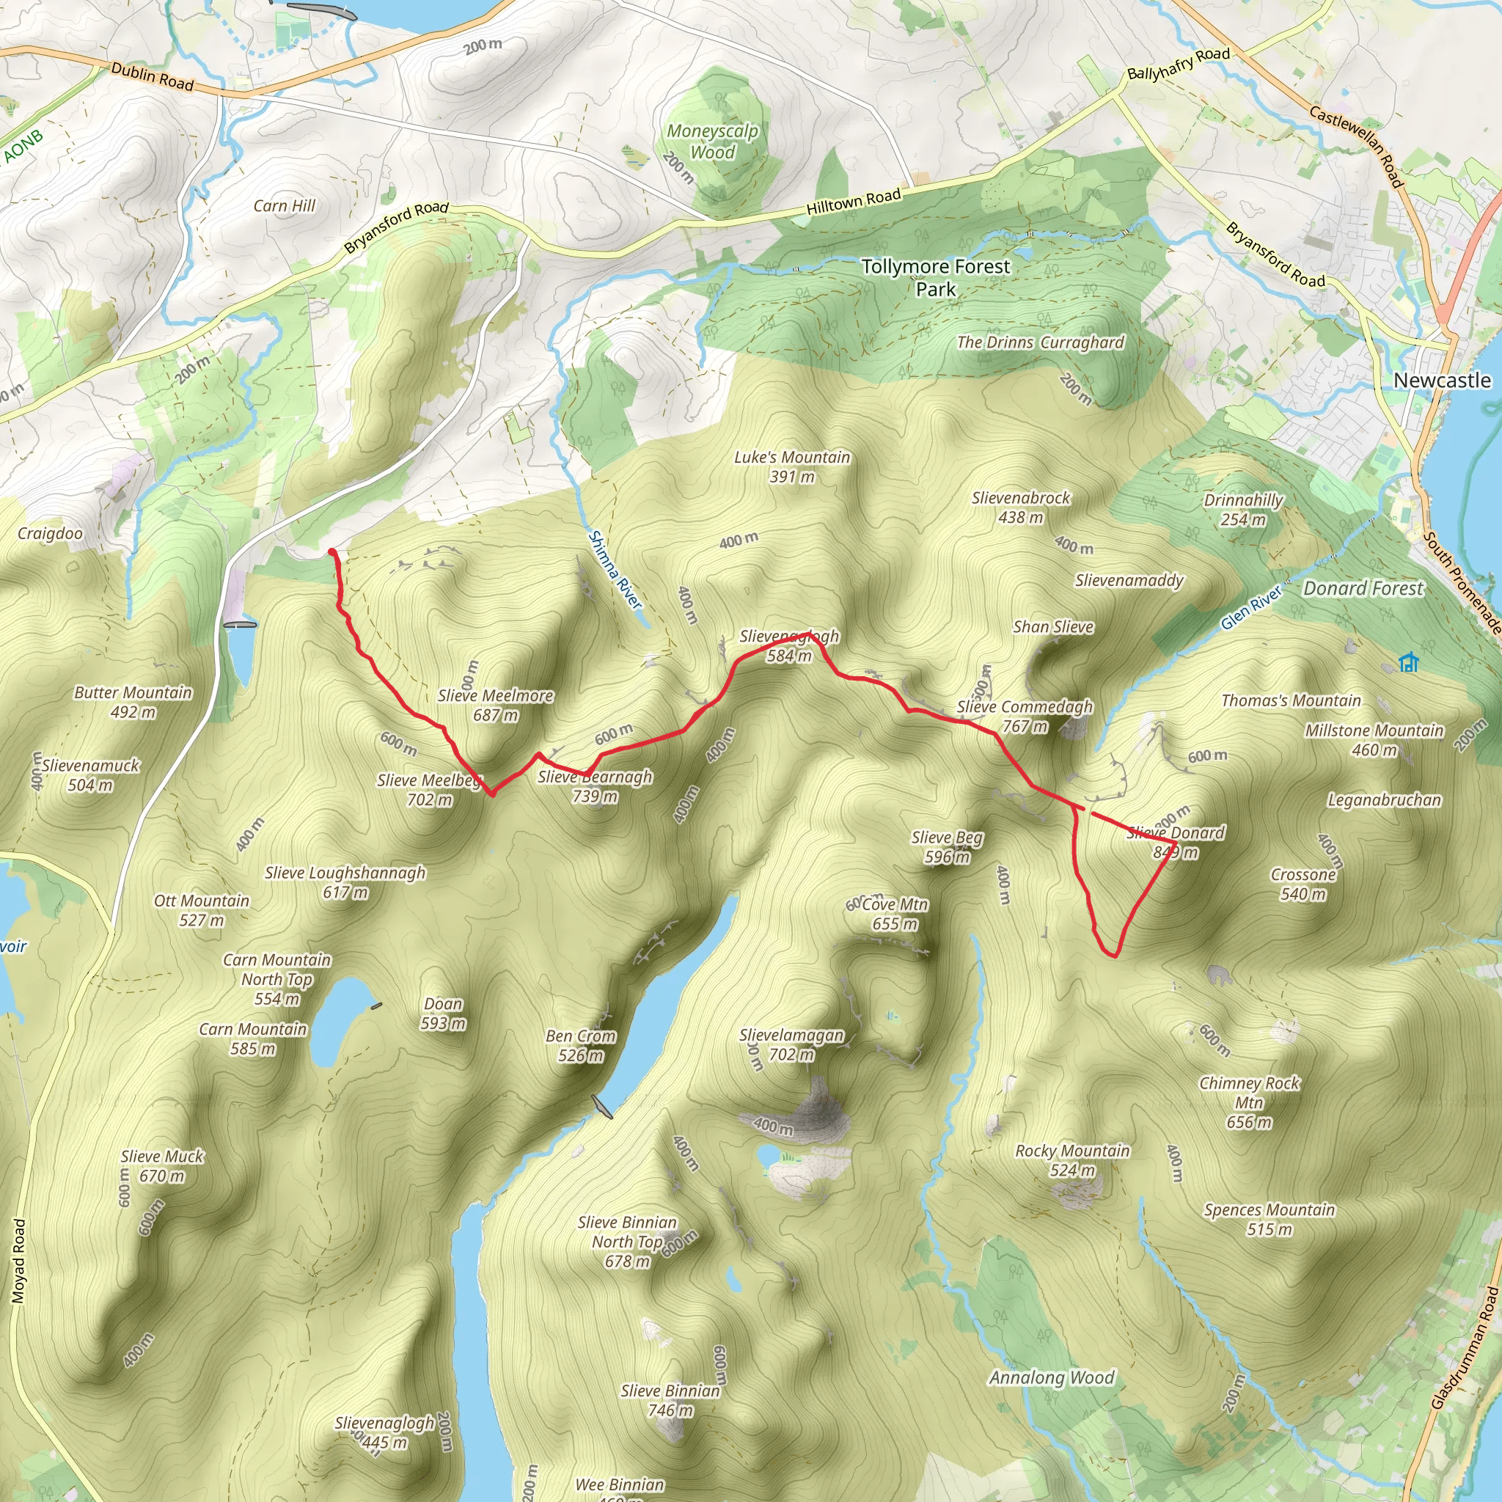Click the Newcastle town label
(1441, 380)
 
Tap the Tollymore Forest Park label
(935, 277)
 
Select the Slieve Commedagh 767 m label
(1025, 716)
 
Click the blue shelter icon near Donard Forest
(1409, 662)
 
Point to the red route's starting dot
(332, 552)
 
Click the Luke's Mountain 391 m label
(791, 466)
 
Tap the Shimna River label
(615, 570)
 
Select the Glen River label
(1251, 608)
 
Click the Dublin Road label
(153, 76)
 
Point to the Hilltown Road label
(853, 202)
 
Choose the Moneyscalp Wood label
(712, 142)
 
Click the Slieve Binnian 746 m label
(670, 1400)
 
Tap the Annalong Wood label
(1051, 1377)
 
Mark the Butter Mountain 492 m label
(133, 702)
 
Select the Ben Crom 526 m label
(581, 1046)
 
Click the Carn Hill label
(285, 206)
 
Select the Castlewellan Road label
(1356, 147)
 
